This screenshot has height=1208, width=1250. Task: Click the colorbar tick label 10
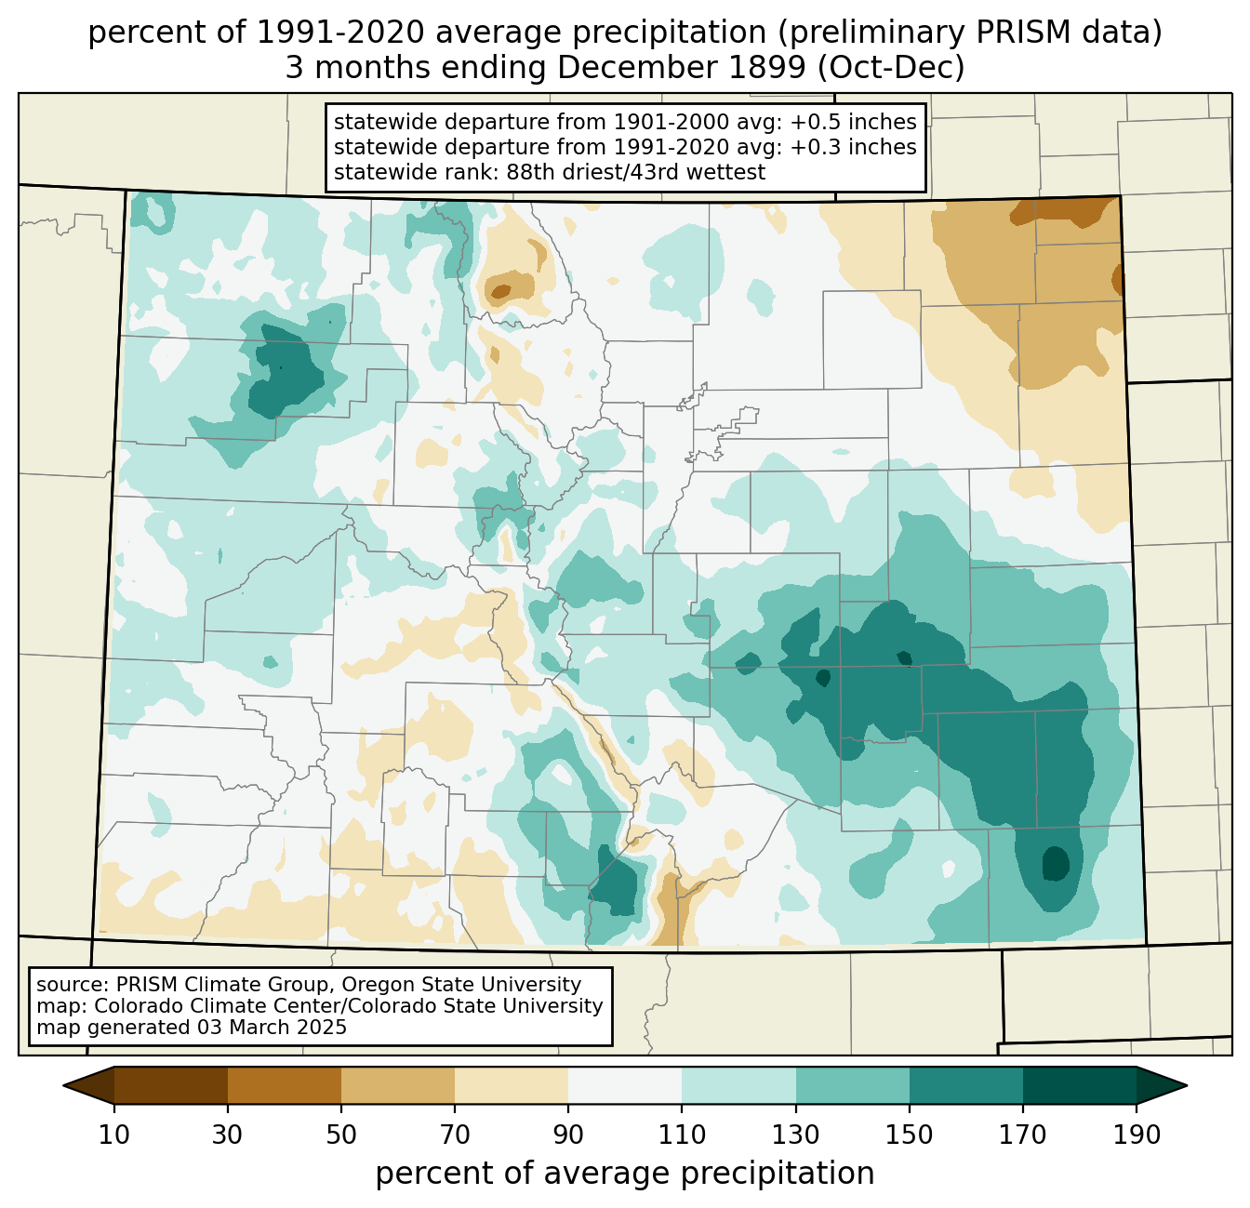click(x=113, y=1135)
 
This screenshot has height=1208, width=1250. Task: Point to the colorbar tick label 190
click(x=1136, y=1135)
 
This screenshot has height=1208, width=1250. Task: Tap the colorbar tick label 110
click(x=682, y=1135)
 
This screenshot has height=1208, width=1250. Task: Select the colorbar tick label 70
click(x=455, y=1135)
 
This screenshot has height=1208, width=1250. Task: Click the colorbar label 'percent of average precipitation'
click(x=624, y=1174)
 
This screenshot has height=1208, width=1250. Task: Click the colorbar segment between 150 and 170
click(x=965, y=1085)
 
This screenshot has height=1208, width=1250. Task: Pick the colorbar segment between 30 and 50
click(x=284, y=1085)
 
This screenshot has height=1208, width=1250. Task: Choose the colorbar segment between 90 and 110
click(x=625, y=1085)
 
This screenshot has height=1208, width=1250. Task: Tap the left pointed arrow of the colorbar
click(x=88, y=1085)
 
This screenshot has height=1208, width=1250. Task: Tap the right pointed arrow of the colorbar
click(x=1162, y=1085)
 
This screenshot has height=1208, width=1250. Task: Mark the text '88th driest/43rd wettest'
click(x=635, y=172)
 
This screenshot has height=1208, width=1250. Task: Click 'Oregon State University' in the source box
click(x=461, y=985)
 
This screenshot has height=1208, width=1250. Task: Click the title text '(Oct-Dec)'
click(x=891, y=68)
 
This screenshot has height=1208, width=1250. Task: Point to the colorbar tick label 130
click(x=795, y=1135)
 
